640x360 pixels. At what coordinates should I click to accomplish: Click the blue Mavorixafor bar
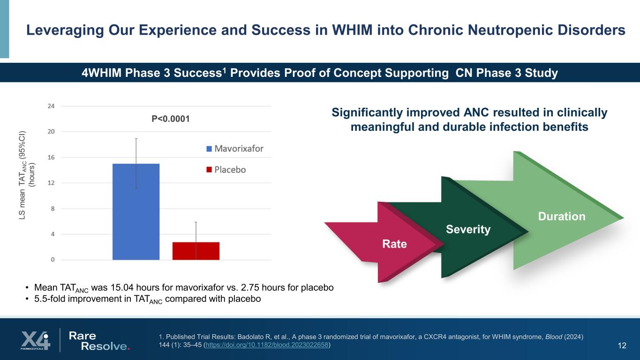(136, 211)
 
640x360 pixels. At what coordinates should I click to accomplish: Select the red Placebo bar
(196, 251)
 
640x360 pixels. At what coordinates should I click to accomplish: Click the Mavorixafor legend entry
(234, 149)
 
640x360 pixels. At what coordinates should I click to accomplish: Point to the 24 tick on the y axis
(51, 106)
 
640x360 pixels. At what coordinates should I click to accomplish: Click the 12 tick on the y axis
(51, 183)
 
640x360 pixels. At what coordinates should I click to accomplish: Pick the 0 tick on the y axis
(52, 260)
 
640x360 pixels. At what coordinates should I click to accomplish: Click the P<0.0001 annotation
(171, 119)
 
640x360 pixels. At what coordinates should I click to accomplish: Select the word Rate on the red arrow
(394, 244)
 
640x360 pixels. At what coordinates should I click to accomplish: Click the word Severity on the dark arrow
(468, 229)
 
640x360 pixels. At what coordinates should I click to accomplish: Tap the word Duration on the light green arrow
(561, 216)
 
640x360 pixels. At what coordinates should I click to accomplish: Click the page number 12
(622, 346)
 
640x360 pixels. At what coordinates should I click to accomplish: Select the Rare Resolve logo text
(98, 341)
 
